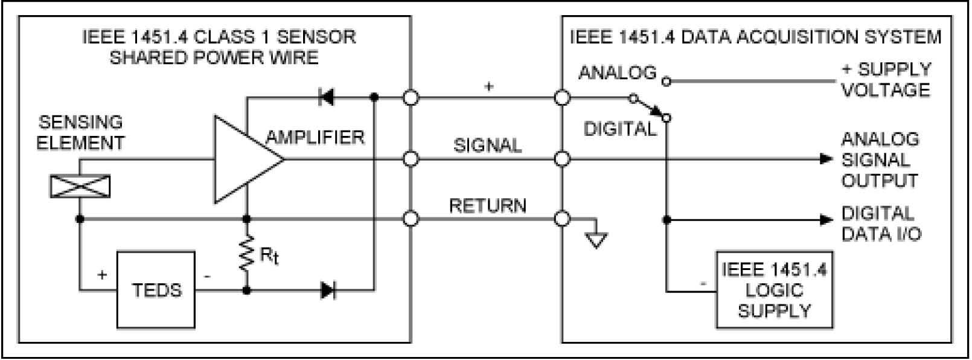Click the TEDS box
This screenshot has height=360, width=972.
156,290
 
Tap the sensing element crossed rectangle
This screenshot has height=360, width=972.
80,186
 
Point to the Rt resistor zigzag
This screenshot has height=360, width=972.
247,254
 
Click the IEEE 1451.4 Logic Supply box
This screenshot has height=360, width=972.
773,289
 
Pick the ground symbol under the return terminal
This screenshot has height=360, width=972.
596,239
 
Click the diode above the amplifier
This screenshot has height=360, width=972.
327,97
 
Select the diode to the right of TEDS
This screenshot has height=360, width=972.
328,291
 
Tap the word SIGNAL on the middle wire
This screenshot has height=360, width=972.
487,146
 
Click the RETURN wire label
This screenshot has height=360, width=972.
487,206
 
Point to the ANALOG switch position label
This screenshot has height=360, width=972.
617,73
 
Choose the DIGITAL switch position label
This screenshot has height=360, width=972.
619,129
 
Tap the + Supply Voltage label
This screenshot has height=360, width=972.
886,80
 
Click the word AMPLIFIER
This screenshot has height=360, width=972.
316,138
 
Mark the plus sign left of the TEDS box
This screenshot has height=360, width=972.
102,275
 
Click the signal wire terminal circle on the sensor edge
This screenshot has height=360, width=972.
411,159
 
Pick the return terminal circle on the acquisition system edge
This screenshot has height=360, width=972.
562,219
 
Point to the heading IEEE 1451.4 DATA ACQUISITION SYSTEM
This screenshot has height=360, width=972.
755,37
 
